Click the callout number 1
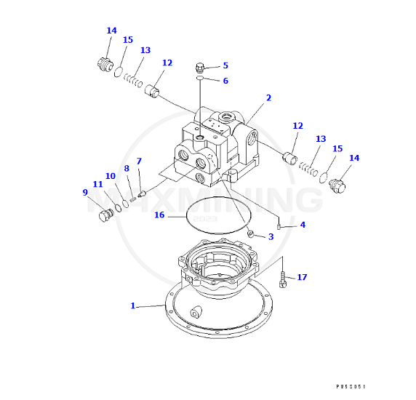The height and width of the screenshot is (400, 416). pyautogui.click(x=133, y=306)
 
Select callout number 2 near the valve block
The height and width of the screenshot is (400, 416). pyautogui.click(x=268, y=97)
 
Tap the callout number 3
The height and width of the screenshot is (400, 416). pyautogui.click(x=271, y=237)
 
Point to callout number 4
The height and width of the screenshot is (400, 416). pyautogui.click(x=303, y=225)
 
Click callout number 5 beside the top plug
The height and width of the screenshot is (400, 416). pyautogui.click(x=225, y=65)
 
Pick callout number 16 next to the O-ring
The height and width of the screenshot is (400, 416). pyautogui.click(x=159, y=215)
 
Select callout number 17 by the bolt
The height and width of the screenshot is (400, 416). pyautogui.click(x=302, y=277)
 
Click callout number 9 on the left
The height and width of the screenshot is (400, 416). pyautogui.click(x=85, y=193)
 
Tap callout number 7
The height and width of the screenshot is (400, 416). pyautogui.click(x=139, y=161)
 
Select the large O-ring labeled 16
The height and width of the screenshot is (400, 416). pyautogui.click(x=217, y=216)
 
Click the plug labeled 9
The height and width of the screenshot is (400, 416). pyautogui.click(x=106, y=216)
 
